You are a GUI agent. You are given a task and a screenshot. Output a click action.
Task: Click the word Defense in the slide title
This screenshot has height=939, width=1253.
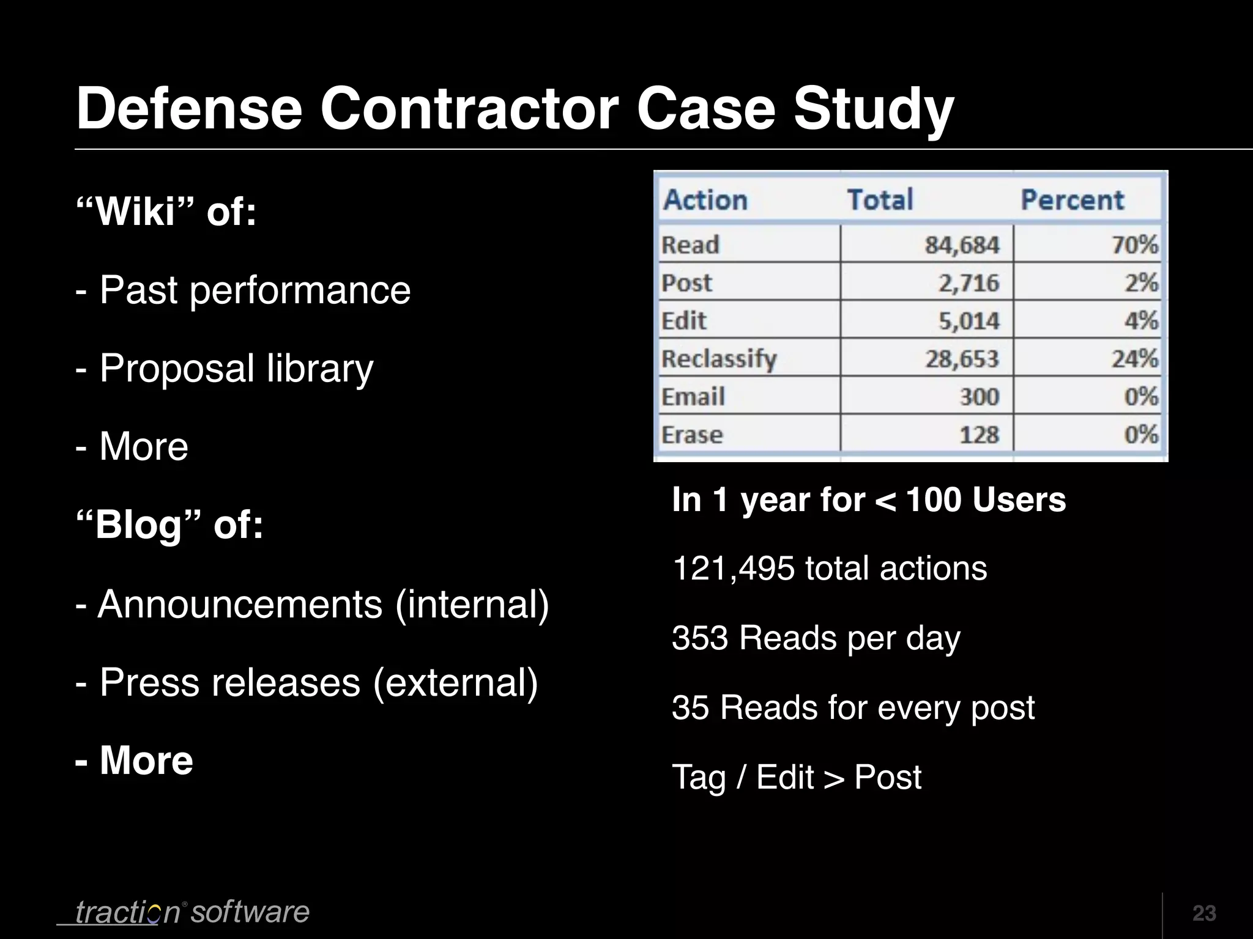189,108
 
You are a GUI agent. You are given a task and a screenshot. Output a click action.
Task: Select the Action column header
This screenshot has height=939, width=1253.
705,200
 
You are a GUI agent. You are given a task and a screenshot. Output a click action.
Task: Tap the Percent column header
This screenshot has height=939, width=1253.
1072,200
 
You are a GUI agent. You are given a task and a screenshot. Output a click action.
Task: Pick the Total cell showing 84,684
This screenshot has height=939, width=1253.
961,245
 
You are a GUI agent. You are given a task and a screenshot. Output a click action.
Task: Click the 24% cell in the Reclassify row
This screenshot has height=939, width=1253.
1134,358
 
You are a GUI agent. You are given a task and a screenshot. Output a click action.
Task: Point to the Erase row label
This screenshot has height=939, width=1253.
692,435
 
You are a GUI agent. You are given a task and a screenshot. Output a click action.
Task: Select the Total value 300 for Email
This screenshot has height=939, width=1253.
979,397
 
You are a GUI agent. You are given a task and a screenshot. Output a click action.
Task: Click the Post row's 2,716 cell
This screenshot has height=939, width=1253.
969,283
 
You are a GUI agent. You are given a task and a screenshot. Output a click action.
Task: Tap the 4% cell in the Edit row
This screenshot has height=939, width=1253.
1140,320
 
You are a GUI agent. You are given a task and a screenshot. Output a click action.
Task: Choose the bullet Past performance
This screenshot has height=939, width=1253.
255,290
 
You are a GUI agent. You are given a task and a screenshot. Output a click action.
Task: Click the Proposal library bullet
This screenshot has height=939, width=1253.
236,368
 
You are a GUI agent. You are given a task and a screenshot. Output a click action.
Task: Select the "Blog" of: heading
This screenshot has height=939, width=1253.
169,525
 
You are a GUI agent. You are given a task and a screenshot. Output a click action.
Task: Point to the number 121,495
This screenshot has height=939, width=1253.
733,568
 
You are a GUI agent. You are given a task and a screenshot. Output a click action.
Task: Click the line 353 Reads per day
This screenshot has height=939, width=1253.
816,638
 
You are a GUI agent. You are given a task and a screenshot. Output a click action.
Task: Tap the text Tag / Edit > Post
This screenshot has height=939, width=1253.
796,777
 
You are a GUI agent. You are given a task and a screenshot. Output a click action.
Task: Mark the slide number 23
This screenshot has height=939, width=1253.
1204,913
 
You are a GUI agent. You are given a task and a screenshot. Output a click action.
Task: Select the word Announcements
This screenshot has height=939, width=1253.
240,604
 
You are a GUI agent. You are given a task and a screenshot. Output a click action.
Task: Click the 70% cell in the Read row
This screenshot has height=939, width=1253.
1134,245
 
